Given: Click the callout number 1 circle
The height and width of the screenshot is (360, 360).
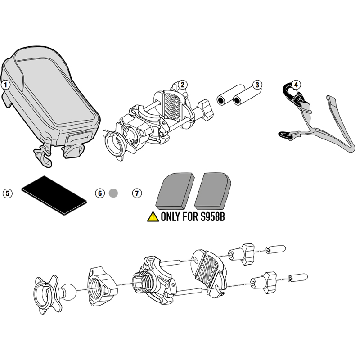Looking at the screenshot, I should [6, 84].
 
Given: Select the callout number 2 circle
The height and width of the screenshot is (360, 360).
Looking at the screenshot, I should [182, 84].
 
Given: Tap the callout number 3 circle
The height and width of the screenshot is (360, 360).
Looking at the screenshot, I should [257, 85].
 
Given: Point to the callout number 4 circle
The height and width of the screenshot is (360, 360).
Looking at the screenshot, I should [296, 85].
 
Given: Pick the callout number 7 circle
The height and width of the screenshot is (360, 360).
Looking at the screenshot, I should [136, 193].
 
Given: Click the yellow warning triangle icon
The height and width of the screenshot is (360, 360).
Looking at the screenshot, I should [153, 217].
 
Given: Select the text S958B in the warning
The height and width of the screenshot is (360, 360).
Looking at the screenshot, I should [211, 217].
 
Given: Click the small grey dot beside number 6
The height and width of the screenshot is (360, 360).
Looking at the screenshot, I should [113, 193].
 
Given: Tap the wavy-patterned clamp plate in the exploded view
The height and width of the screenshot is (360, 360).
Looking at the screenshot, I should [208, 269].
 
